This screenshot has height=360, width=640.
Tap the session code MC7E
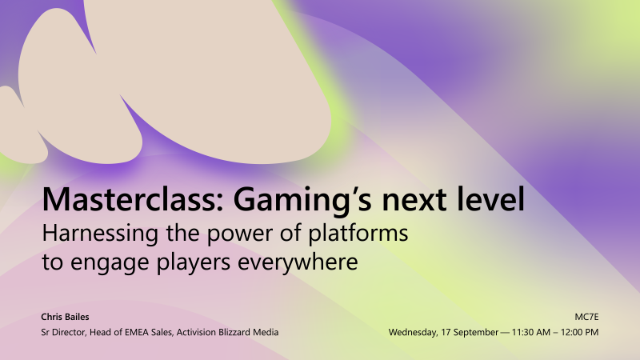(x=586, y=317)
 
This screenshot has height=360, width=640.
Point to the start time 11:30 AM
(x=529, y=332)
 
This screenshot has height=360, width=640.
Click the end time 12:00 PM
(x=580, y=332)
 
